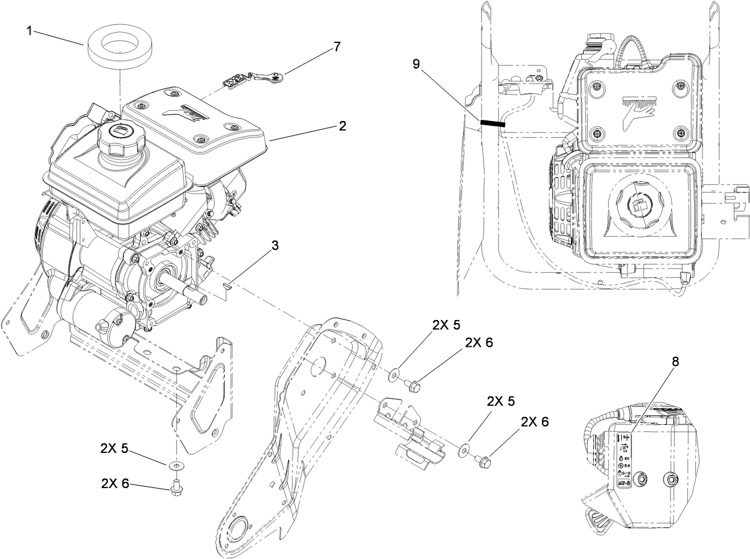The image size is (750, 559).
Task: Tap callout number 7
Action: (337, 47)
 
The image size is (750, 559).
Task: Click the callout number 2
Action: (342, 126)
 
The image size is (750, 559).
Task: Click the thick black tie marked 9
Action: (492, 124)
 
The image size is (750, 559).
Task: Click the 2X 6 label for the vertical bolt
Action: (115, 483)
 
